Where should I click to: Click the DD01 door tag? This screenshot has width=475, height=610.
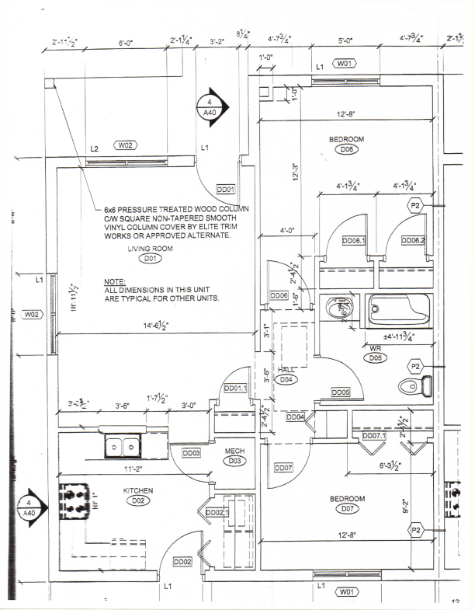(x=226, y=189)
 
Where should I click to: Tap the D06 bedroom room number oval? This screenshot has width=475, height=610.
(x=347, y=149)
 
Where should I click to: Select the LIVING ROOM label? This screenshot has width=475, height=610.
(x=151, y=249)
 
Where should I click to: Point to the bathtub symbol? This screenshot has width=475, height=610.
(x=398, y=311)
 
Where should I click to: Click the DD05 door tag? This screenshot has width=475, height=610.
(x=342, y=392)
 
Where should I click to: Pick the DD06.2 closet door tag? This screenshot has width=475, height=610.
(x=413, y=241)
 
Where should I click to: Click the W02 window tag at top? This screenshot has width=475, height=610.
(x=126, y=145)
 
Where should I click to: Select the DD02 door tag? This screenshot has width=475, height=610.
(x=183, y=562)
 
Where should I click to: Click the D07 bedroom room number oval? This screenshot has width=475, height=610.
(x=347, y=509)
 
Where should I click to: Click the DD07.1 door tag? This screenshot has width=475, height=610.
(x=375, y=436)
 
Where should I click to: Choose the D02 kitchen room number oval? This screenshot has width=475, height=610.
(x=139, y=500)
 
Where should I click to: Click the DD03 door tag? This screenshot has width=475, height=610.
(x=192, y=452)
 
